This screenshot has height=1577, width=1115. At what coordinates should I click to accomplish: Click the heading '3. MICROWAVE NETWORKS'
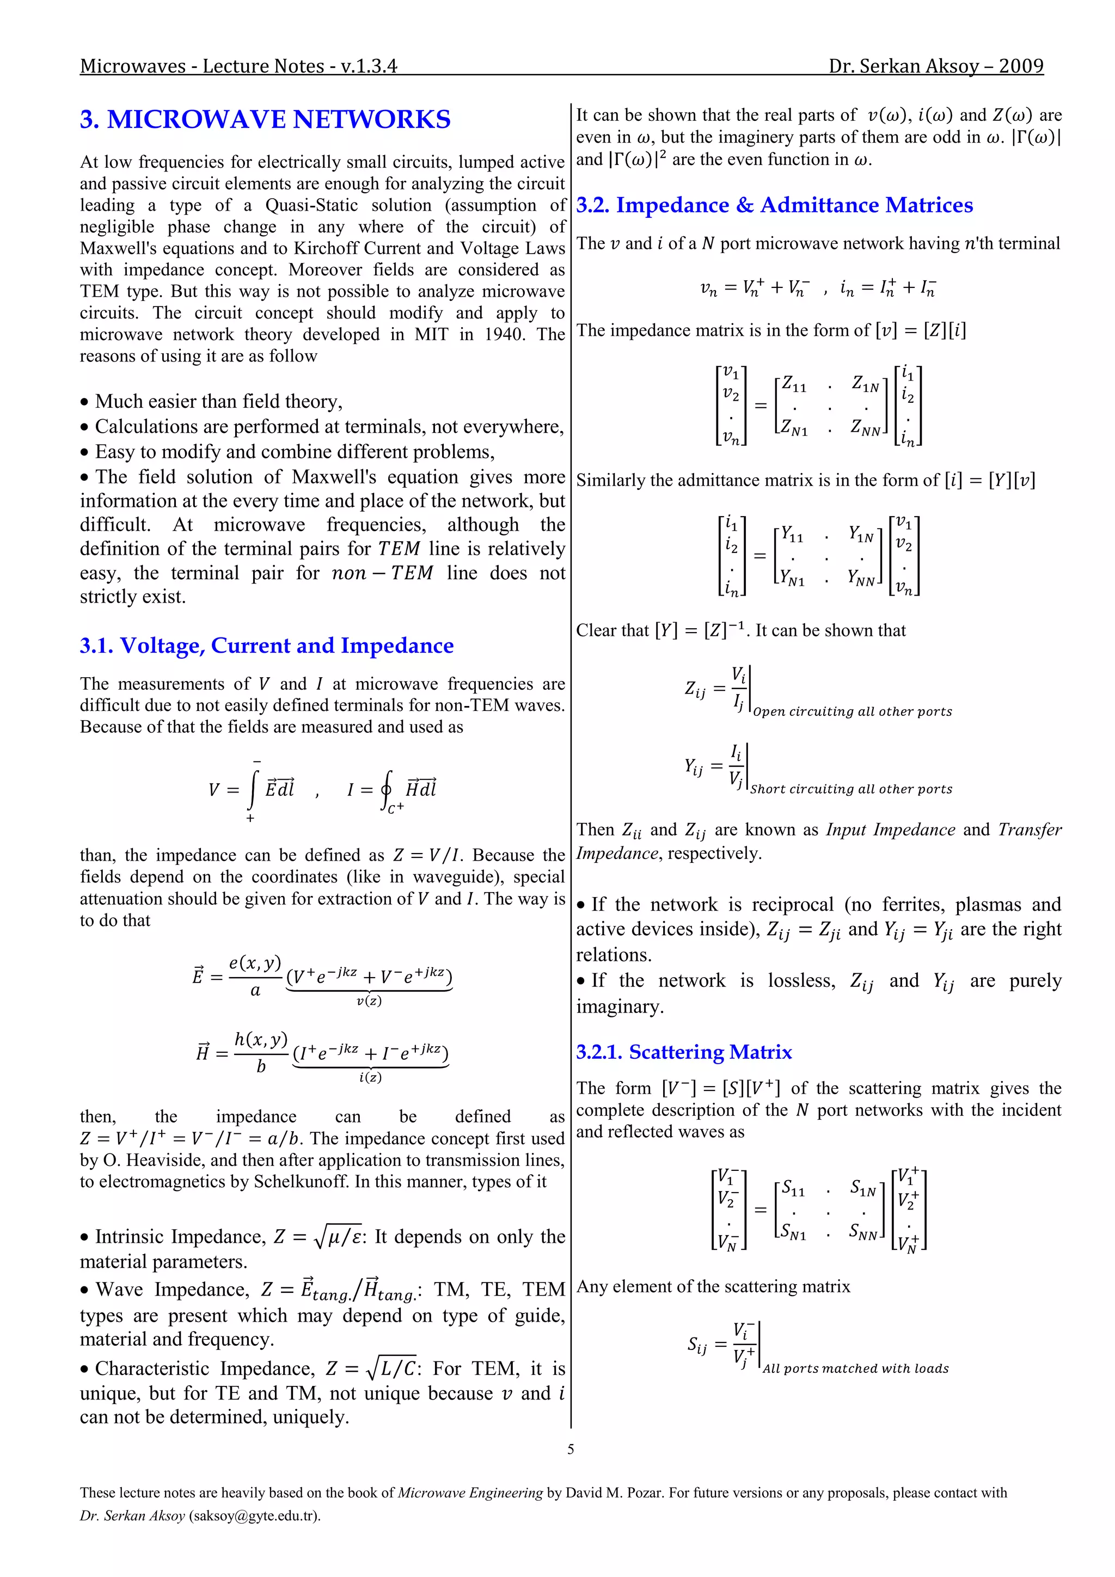tap(265, 120)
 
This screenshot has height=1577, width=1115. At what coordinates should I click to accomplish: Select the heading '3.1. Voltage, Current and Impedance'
tap(267, 646)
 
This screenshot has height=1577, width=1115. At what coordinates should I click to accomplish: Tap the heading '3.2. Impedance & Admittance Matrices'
tap(774, 205)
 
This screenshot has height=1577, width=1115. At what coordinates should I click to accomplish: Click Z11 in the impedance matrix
tap(794, 385)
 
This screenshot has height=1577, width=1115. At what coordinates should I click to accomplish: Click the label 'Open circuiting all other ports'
tap(852, 711)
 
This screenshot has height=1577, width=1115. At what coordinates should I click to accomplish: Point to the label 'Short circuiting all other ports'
tap(850, 789)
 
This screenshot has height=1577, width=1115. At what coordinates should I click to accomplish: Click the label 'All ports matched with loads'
tap(855, 1368)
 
